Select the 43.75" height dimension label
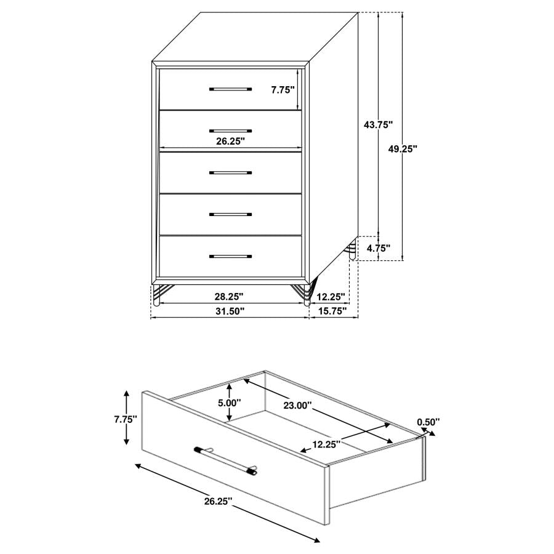pos(378,124)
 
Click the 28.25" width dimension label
pos(229,297)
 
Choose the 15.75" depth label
pos(334,311)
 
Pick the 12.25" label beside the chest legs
pos(330,297)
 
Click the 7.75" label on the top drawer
pos(283,90)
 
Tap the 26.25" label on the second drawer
pos(230,141)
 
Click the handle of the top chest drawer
pos(230,89)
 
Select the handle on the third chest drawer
pos(230,173)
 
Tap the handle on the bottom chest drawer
pos(230,256)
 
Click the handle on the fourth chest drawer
pos(230,215)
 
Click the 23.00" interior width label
pos(297,406)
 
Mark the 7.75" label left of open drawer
pos(125,419)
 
